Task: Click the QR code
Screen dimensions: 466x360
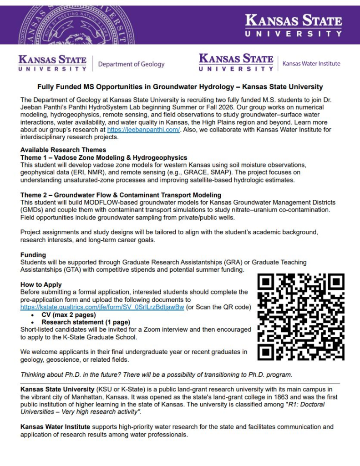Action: coord(301,317)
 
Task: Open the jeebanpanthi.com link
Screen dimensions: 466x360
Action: coord(144,130)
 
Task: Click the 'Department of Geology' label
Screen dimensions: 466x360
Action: coord(131,64)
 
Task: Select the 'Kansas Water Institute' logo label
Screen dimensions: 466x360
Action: coord(311,64)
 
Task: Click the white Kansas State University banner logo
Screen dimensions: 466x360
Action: coord(293,25)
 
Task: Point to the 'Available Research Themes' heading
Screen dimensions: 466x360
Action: coord(63,150)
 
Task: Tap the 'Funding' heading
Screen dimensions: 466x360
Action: coord(33,255)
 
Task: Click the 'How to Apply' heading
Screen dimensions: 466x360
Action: coord(41,284)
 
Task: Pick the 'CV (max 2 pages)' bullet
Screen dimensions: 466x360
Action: coord(69,315)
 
